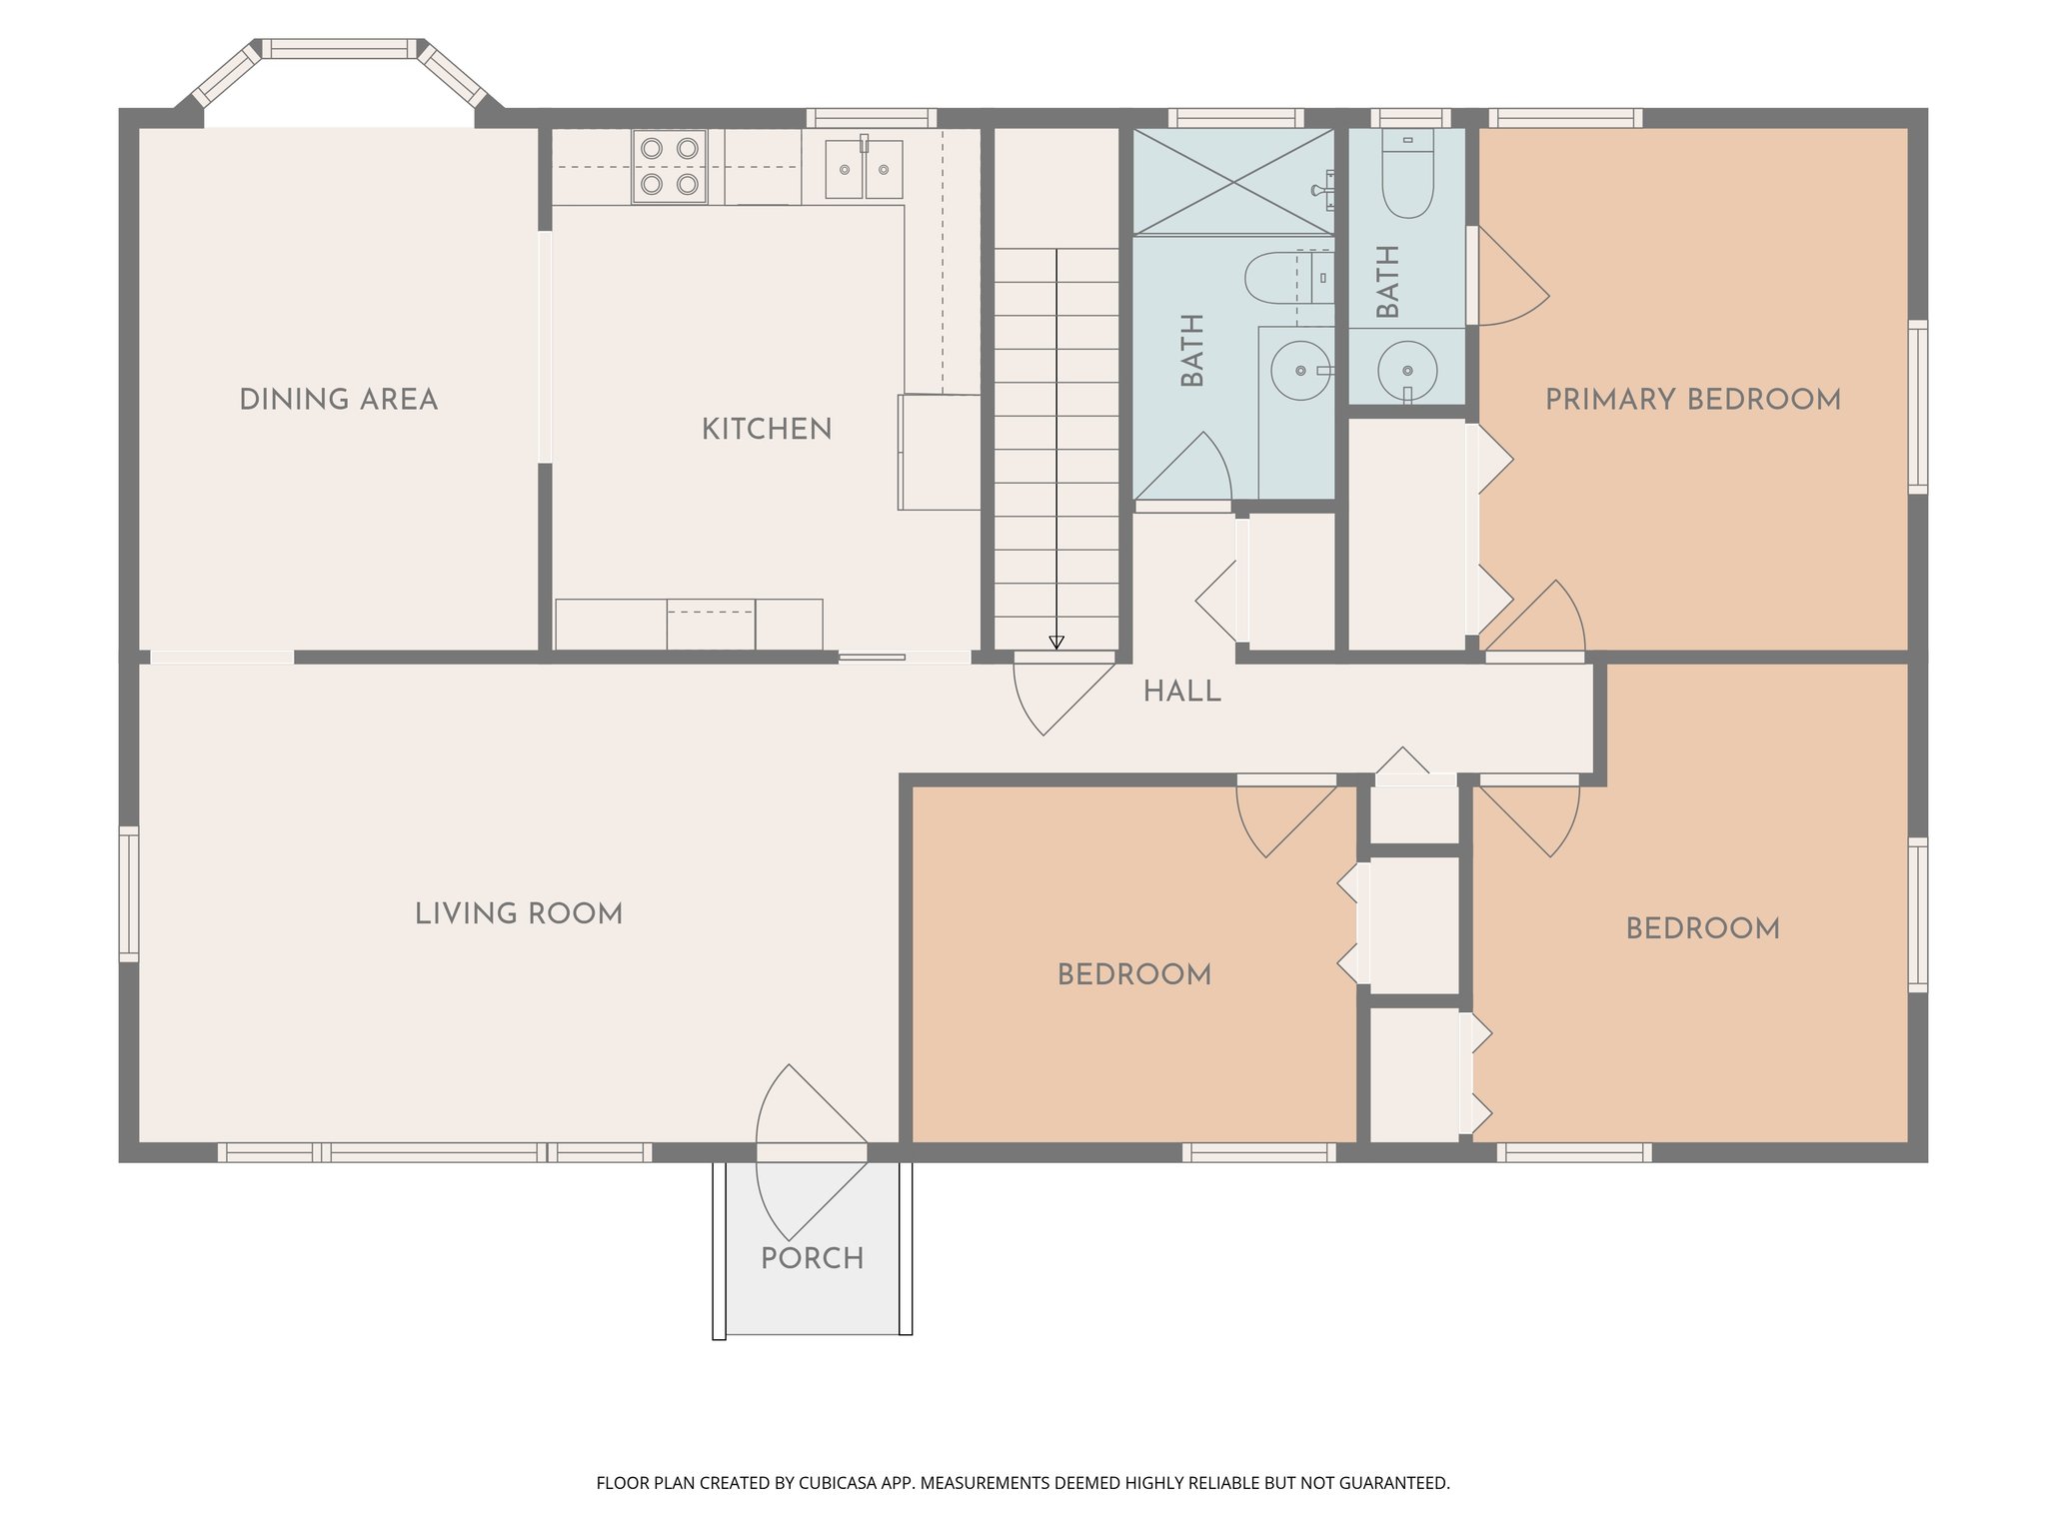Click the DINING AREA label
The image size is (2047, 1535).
338,400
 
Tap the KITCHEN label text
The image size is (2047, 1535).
767,430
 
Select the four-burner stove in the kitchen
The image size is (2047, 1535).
669,166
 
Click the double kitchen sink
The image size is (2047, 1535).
864,169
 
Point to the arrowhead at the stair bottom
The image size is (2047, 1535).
1056,643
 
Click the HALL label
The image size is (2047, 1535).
1181,692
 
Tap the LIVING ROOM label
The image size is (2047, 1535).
519,913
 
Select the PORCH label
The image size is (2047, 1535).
812,1258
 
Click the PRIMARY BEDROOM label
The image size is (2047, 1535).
1692,400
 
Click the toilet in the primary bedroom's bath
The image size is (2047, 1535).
1407,176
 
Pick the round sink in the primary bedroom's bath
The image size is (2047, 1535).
1407,371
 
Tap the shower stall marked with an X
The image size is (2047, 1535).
1233,181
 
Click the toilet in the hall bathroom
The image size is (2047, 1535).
1284,278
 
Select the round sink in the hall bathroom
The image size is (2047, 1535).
1300,371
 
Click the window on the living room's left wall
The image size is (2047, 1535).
129,893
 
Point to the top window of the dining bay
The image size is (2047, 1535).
340,48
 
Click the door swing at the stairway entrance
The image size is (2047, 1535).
1059,695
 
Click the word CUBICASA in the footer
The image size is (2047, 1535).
837,1483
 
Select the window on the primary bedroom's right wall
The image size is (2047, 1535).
1917,406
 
